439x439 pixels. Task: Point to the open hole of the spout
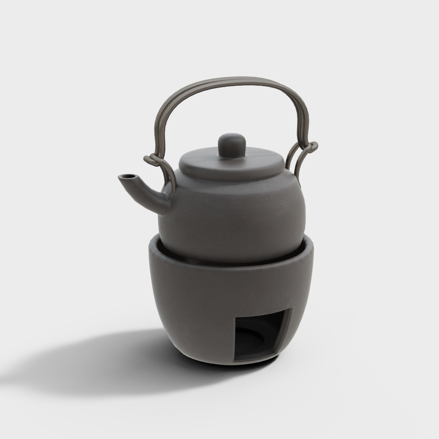127,176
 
